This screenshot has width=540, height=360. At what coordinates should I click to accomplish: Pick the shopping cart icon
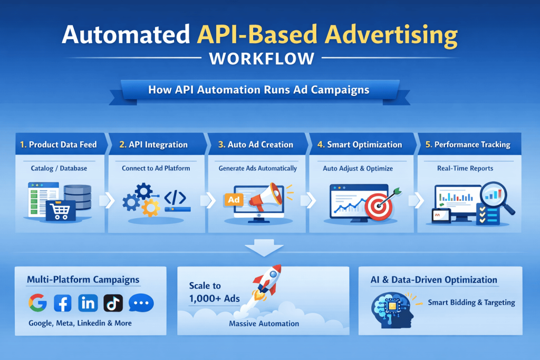click(61, 210)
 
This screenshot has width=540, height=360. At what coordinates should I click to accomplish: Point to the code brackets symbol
click(175, 197)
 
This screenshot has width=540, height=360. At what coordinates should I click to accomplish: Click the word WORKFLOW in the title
click(262, 58)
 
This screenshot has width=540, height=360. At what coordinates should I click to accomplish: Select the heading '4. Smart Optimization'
click(360, 144)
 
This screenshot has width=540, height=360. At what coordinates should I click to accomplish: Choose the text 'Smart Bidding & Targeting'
click(471, 303)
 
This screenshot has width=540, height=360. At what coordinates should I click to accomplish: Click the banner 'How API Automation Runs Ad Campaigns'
click(258, 90)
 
